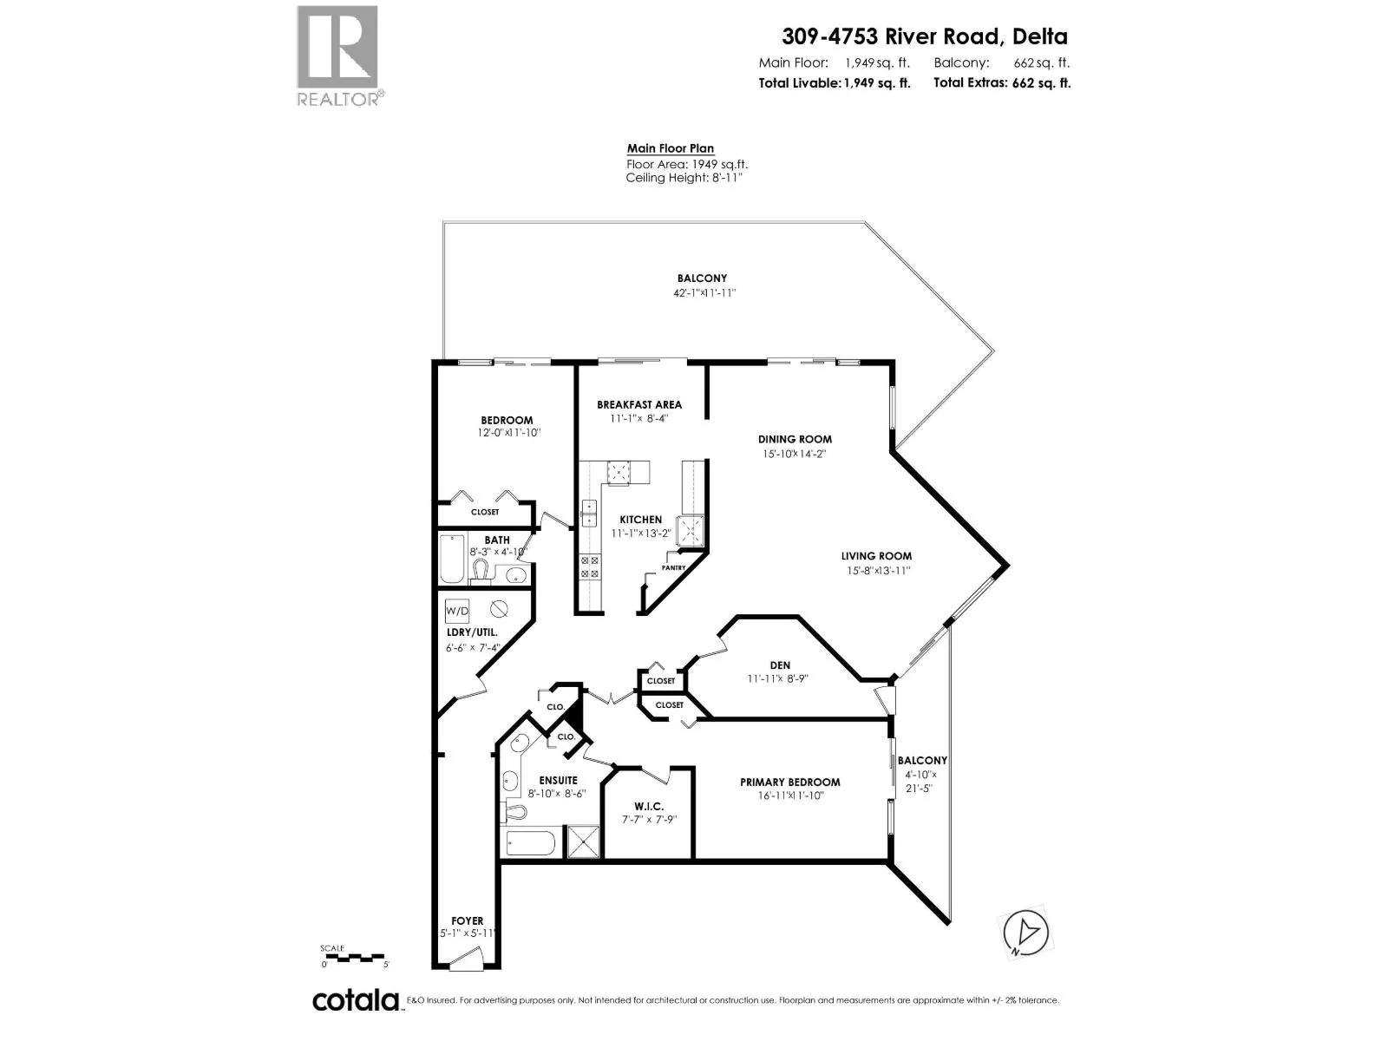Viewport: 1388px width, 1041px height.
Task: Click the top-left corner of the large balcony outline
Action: pyautogui.click(x=443, y=221)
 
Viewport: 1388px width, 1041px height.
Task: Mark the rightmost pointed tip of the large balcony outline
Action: pyautogui.click(x=994, y=350)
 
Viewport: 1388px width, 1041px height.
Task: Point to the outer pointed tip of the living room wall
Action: pyautogui.click(x=1008, y=565)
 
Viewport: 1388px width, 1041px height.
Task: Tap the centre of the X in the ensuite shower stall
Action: pyautogui.click(x=582, y=841)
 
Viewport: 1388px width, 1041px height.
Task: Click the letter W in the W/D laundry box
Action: pyautogui.click(x=451, y=612)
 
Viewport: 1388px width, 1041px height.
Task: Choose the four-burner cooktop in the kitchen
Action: pyautogui.click(x=589, y=567)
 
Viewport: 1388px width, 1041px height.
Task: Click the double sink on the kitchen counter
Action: pyautogui.click(x=589, y=514)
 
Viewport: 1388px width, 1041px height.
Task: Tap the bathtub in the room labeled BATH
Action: pyautogui.click(x=451, y=559)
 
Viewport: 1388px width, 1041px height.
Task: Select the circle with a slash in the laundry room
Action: pyautogui.click(x=499, y=609)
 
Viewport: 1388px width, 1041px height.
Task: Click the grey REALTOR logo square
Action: pyautogui.click(x=337, y=47)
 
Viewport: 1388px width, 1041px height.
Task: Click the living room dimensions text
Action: pyautogui.click(x=878, y=571)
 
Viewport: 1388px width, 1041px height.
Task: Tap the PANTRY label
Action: pyautogui.click(x=673, y=567)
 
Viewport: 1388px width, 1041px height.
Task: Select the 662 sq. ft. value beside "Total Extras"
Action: pyautogui.click(x=1041, y=82)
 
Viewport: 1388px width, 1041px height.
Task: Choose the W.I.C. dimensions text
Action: pyautogui.click(x=649, y=820)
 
